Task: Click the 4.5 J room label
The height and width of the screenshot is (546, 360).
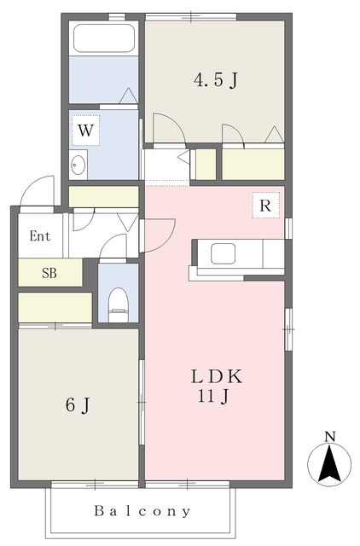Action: [x=215, y=82]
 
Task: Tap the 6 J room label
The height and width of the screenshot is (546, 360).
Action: [x=78, y=405]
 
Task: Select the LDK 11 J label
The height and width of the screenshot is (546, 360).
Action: [x=217, y=386]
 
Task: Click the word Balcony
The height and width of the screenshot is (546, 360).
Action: [x=142, y=512]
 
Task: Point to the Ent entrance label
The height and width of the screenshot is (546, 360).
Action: [x=39, y=236]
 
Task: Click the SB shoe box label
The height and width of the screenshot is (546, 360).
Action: [x=50, y=273]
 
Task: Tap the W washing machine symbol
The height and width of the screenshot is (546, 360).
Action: [x=86, y=131]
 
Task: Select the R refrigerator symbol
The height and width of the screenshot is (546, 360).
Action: [x=265, y=206]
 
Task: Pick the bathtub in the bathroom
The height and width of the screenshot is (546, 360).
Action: [x=104, y=38]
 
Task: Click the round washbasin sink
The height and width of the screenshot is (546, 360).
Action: [x=78, y=165]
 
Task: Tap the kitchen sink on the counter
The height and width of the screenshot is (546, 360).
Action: [x=224, y=253]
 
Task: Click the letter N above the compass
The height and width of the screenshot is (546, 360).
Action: [x=329, y=438]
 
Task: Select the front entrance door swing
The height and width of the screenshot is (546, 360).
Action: [x=36, y=192]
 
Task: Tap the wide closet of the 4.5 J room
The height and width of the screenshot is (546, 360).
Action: [x=253, y=163]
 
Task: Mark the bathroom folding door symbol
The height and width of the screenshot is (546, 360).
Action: [x=128, y=96]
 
